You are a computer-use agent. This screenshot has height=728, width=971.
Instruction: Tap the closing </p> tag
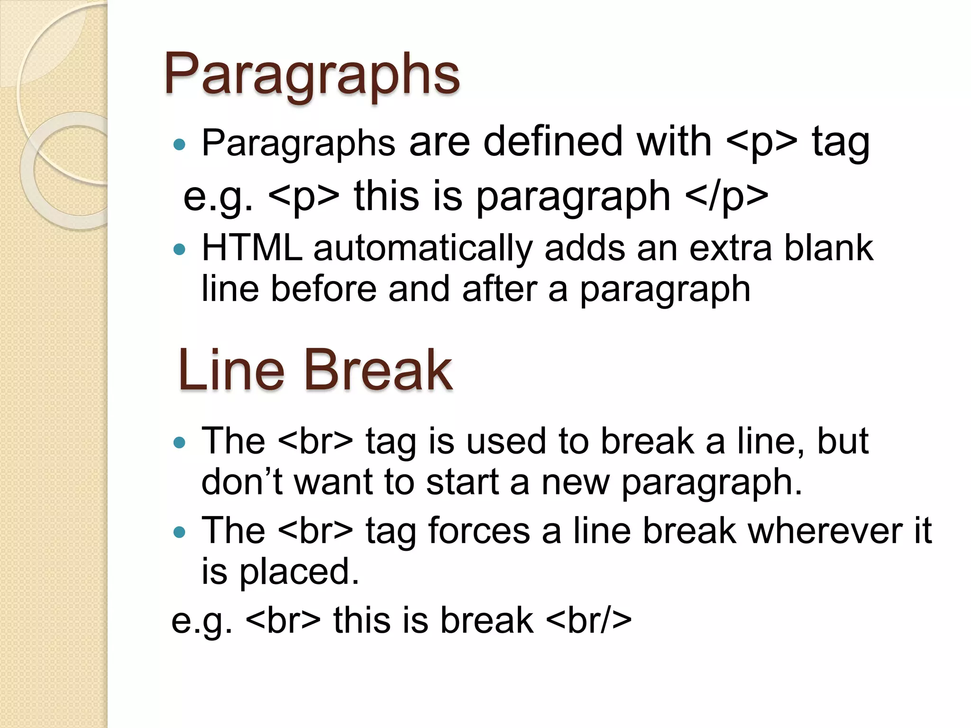(x=726, y=196)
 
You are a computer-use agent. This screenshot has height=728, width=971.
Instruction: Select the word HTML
(x=252, y=248)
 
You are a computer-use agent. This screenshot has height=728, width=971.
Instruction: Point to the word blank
(x=828, y=248)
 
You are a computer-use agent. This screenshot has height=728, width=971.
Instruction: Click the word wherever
(x=825, y=531)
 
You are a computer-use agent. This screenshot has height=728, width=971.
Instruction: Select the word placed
(x=299, y=573)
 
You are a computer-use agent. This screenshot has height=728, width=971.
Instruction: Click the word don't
(x=242, y=482)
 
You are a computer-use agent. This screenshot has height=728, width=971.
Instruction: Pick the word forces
(x=479, y=531)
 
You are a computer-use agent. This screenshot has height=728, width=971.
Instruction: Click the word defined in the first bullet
(x=552, y=142)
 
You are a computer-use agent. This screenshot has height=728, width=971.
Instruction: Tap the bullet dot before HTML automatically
(x=179, y=249)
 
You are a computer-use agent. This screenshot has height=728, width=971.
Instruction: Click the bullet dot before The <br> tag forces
(x=179, y=532)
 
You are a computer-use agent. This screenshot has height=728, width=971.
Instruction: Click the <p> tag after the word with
(x=761, y=143)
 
